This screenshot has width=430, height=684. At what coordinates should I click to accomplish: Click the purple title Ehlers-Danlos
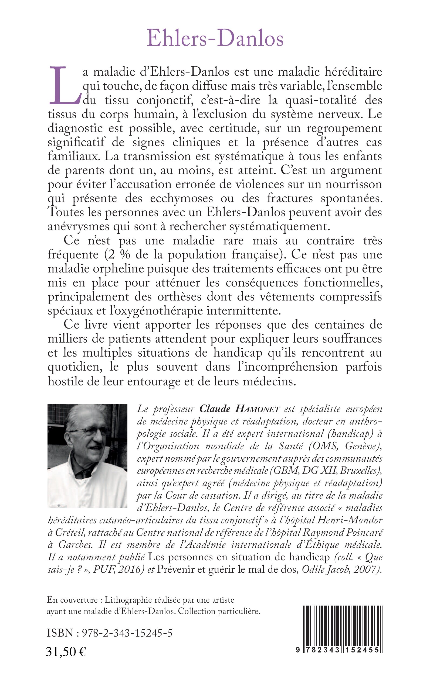[x=215, y=39]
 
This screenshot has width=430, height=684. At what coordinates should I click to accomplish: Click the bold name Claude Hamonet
[x=240, y=409]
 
